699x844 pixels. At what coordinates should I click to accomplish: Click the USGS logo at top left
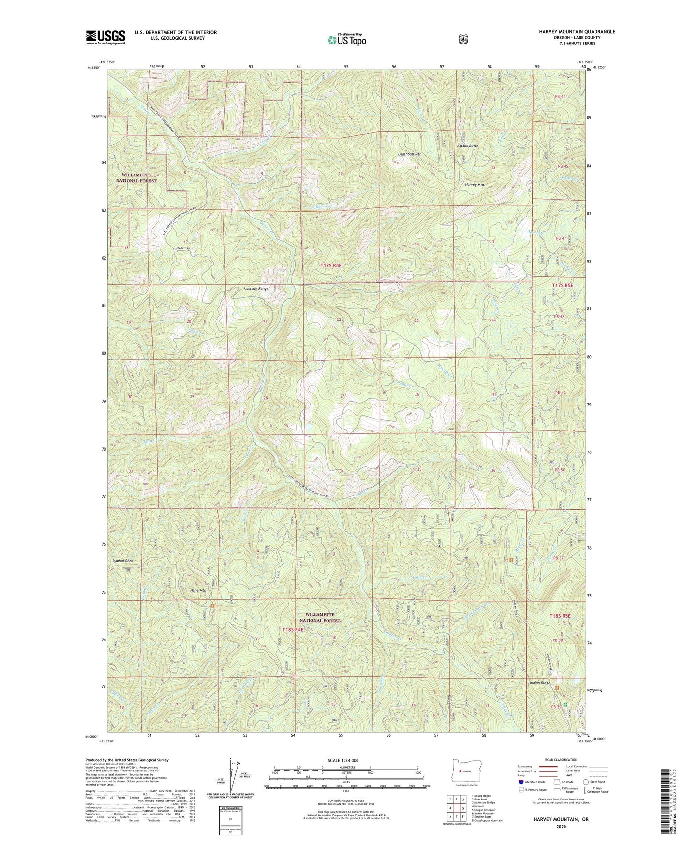[105, 37]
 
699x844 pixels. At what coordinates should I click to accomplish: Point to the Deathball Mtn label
[409, 154]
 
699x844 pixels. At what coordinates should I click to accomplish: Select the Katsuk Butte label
[467, 146]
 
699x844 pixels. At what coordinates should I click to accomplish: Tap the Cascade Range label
[256, 288]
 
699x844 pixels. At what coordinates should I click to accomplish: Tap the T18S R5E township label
[560, 616]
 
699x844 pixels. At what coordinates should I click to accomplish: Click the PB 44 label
[560, 97]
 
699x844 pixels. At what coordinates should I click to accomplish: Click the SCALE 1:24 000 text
[343, 760]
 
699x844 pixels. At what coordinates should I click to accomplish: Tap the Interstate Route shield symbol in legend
[521, 782]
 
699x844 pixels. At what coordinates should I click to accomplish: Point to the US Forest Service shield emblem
[463, 39]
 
